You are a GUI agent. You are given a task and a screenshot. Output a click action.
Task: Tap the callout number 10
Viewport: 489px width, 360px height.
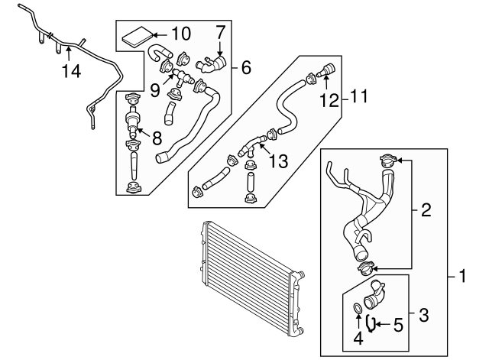(181, 34)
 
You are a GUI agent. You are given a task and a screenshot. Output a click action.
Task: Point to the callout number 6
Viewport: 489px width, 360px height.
(245, 67)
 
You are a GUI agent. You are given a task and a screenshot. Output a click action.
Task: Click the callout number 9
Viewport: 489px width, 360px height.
(155, 89)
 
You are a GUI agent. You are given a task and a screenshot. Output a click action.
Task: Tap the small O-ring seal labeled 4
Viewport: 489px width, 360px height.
(358, 310)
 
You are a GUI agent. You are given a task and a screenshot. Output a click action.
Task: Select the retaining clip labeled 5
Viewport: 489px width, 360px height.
(371, 323)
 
